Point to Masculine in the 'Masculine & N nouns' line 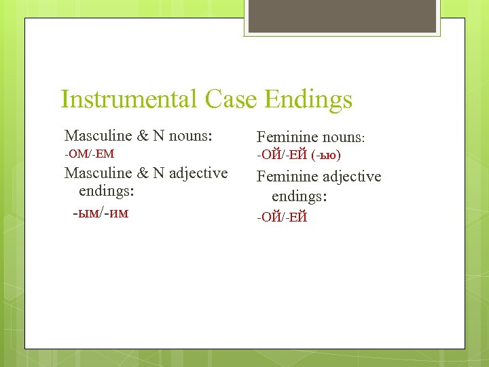[98, 135]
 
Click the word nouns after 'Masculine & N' [191, 136]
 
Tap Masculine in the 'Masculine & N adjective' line [98, 173]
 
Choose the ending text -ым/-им [101, 213]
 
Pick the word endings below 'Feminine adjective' [300, 197]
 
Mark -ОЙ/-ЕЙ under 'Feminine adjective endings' [282, 217]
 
